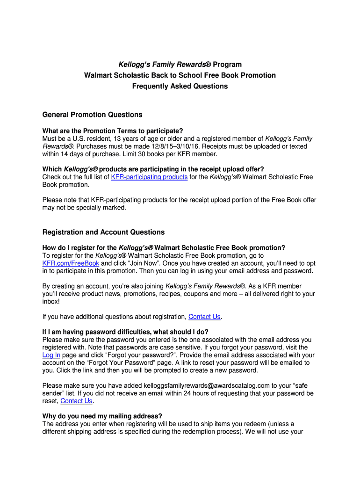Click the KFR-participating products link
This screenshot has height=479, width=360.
click(x=149, y=177)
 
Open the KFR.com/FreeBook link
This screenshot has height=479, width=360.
click(x=71, y=263)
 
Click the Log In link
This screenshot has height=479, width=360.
click(x=51, y=355)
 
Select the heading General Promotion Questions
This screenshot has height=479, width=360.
click(x=92, y=115)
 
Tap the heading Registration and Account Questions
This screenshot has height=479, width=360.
click(x=103, y=232)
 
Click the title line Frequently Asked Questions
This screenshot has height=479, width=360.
click(x=180, y=86)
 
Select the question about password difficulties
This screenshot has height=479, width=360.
click(x=125, y=332)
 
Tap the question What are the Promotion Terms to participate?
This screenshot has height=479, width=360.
click(x=113, y=131)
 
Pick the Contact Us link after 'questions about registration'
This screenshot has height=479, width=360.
click(x=204, y=317)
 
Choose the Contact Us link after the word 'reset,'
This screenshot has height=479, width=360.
click(x=77, y=401)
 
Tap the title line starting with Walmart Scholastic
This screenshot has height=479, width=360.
click(x=180, y=75)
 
